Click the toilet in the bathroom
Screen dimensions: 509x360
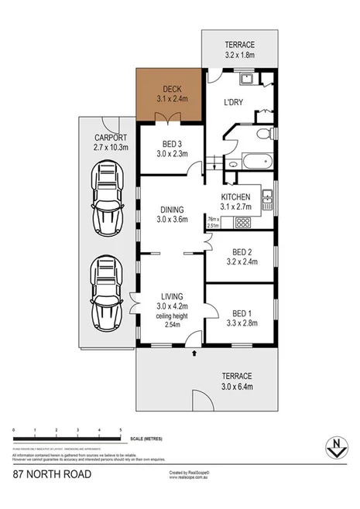click(263, 135)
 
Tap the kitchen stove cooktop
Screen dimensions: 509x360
click(242, 223)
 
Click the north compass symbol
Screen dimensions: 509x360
click(334, 446)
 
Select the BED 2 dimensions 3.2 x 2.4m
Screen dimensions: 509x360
click(245, 262)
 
